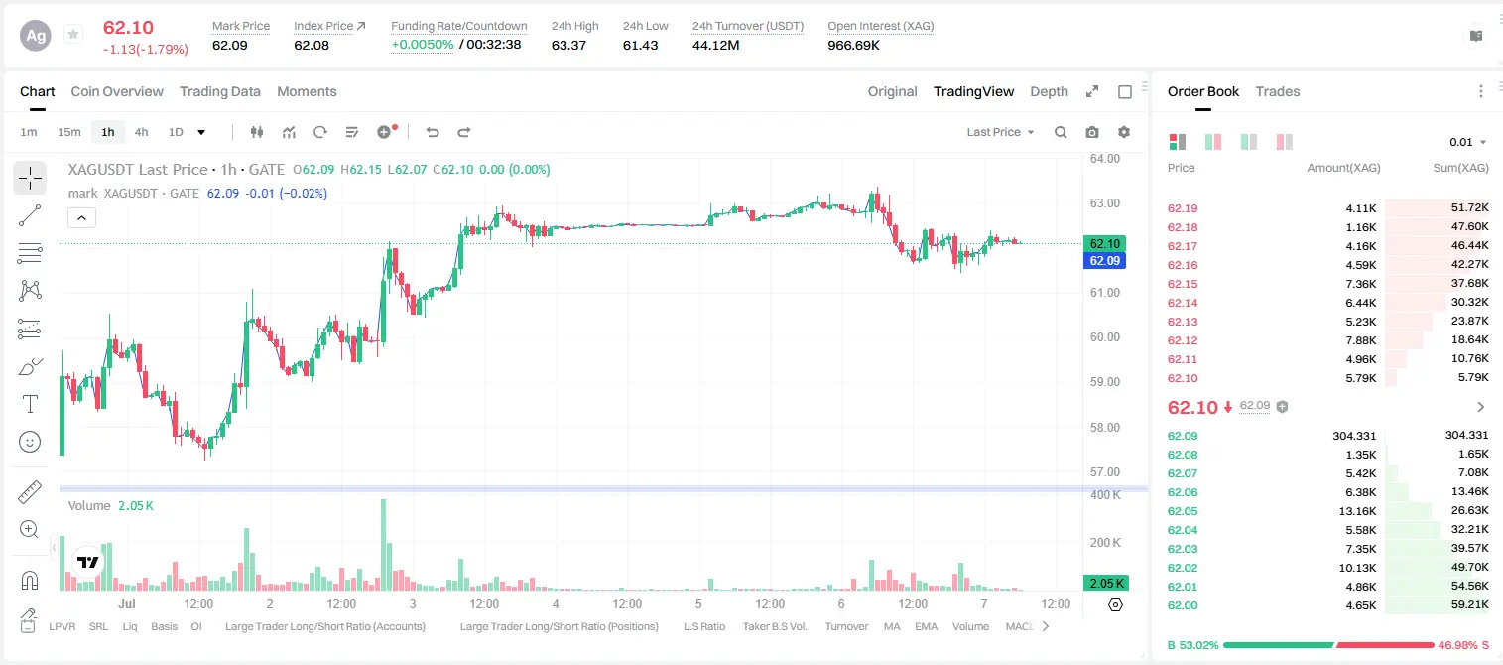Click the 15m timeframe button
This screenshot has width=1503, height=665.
(69, 132)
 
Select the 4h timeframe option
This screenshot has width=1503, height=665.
(141, 132)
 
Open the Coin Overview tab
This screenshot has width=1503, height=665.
(117, 92)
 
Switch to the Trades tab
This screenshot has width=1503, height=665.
(1278, 92)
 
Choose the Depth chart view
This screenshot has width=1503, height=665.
(1049, 92)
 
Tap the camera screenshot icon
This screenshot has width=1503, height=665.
(1092, 132)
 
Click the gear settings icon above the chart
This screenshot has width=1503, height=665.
(1124, 132)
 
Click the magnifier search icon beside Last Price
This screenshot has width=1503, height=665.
(1061, 132)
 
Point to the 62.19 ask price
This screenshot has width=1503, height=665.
(1183, 208)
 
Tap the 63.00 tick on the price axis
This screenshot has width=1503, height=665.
(1104, 203)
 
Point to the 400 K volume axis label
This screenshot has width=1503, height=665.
(1105, 495)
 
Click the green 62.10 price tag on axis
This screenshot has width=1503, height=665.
(1104, 243)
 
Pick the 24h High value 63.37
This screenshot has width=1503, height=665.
(568, 45)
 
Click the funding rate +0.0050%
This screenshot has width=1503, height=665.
(422, 45)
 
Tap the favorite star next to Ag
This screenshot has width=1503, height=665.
(73, 34)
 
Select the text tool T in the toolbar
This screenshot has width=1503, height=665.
(30, 405)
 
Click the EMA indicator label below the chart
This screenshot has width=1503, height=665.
(926, 626)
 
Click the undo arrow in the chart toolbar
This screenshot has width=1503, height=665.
(433, 132)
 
